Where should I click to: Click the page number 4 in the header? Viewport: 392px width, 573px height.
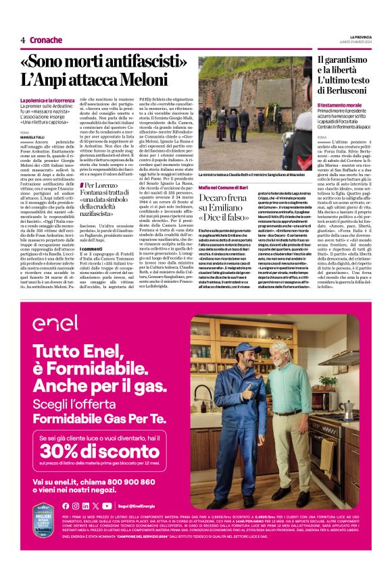(x=23, y=40)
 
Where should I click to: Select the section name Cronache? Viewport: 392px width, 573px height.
(x=46, y=40)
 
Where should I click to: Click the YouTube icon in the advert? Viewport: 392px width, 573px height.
(x=107, y=506)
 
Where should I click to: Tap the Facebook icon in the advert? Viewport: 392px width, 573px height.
(x=66, y=506)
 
